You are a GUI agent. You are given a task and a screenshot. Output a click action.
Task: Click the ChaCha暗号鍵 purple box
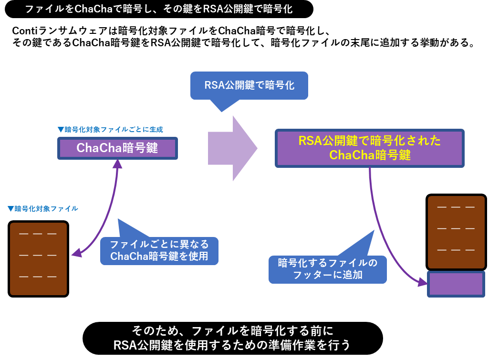click(x=117, y=148)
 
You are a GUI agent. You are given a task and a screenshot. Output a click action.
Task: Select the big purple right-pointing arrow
click(x=232, y=148)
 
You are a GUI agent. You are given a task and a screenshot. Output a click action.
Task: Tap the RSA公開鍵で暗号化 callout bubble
click(x=249, y=85)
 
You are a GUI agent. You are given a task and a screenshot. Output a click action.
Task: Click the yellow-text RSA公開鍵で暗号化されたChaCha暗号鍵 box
click(x=370, y=148)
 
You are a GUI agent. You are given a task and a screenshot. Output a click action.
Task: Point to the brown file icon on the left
click(x=38, y=259)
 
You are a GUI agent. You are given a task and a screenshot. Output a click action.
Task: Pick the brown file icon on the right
click(x=456, y=232)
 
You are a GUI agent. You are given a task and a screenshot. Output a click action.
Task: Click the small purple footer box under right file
click(x=456, y=284)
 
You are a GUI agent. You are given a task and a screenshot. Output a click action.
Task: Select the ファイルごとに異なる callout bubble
click(x=159, y=250)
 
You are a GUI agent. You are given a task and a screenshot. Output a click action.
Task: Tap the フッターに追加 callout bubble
click(x=327, y=269)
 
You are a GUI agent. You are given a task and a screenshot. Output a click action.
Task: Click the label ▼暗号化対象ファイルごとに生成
click(x=110, y=129)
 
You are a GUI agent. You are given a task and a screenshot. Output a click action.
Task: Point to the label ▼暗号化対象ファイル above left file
click(x=43, y=208)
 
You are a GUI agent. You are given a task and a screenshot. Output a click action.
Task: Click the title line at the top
click(x=159, y=9)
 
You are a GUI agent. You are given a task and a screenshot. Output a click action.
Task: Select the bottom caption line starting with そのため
click(x=232, y=330)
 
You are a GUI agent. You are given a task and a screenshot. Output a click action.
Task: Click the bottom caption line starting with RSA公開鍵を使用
click(x=232, y=345)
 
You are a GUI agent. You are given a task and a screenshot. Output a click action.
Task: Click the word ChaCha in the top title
click(x=90, y=9)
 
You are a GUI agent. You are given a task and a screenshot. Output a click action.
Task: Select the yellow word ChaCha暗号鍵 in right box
click(x=370, y=155)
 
